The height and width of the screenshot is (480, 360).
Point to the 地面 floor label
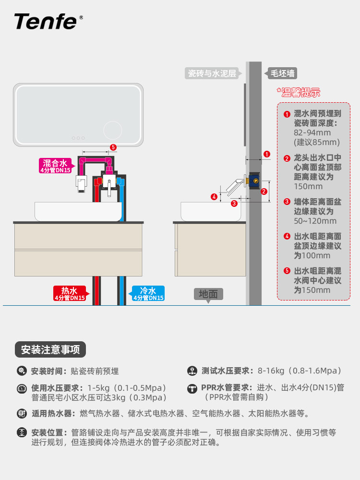coord(208,294)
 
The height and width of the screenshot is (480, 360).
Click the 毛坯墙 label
coord(280,73)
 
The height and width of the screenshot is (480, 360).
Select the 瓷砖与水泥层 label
coord(212,73)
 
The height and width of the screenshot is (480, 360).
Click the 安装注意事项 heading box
coord(50,349)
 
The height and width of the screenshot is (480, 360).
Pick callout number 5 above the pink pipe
coord(113,147)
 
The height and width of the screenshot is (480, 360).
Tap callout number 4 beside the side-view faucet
coord(214,196)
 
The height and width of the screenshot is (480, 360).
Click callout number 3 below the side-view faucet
coord(234,203)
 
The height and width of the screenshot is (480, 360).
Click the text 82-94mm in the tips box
coord(312,133)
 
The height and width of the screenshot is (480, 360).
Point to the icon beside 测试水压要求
coord(192,371)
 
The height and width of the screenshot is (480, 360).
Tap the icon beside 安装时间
coord(22,371)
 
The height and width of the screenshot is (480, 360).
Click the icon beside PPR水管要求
coord(192,388)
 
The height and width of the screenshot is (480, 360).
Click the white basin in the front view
coord(78,211)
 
